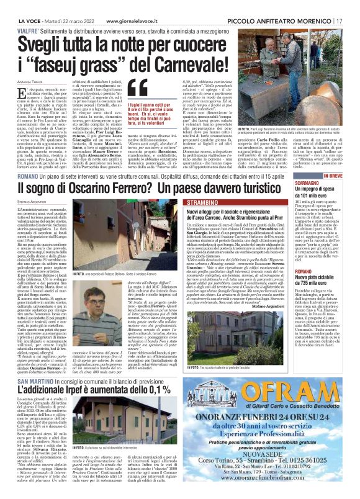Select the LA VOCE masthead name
(x=18, y=5)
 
